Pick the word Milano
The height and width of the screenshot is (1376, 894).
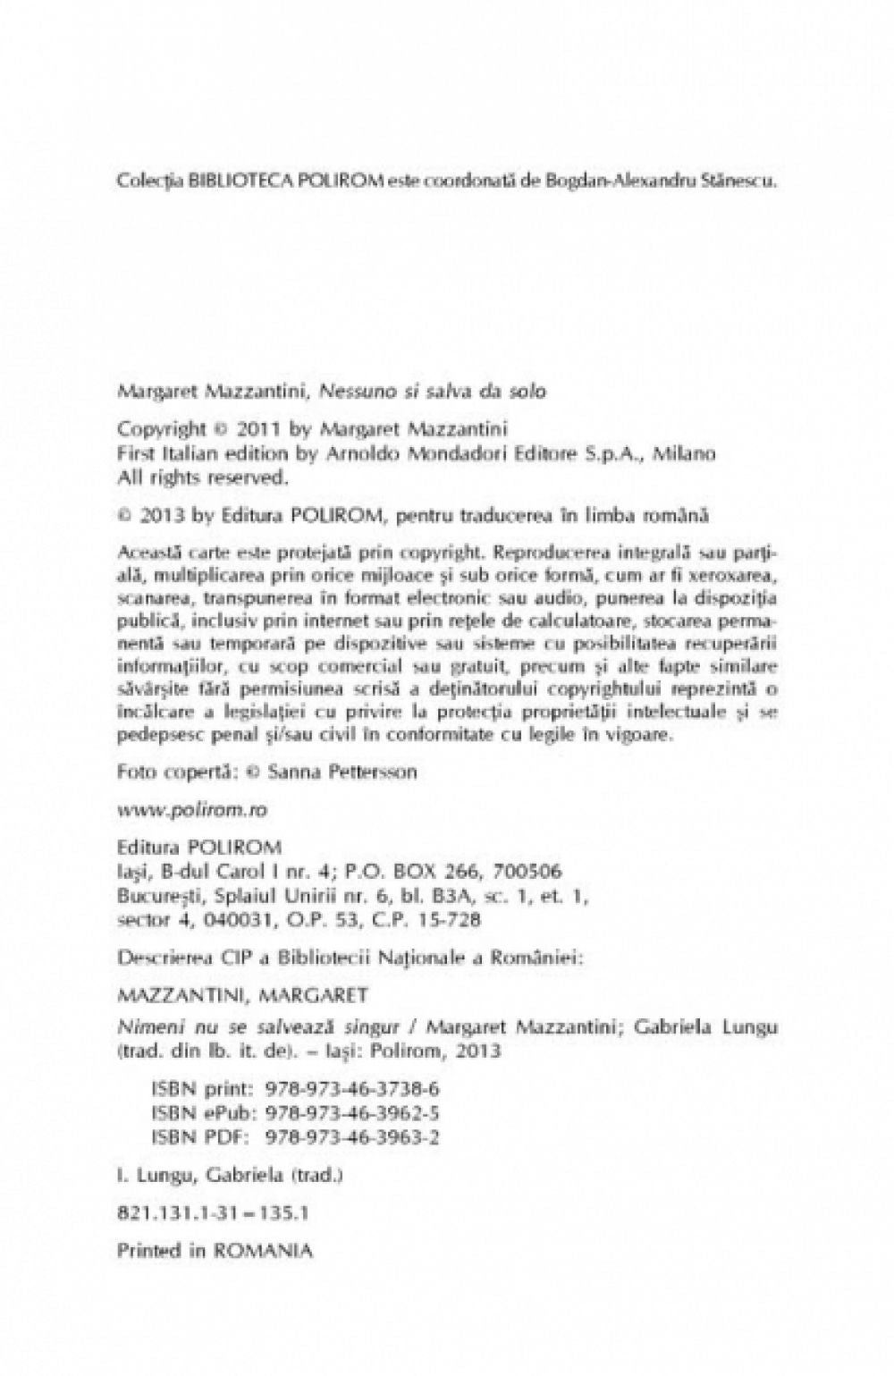pyautogui.click(x=685, y=453)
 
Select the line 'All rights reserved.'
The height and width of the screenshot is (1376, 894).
pyautogui.click(x=203, y=477)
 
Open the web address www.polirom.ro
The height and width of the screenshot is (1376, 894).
pyautogui.click(x=192, y=809)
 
